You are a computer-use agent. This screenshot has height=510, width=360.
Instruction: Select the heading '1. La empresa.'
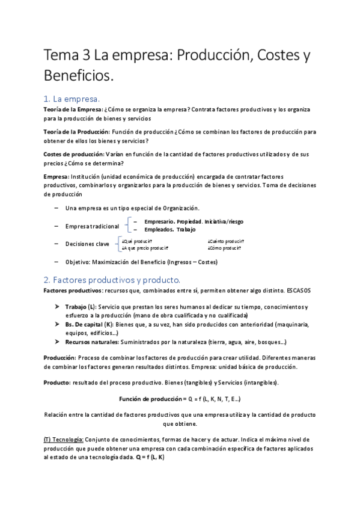click(72, 99)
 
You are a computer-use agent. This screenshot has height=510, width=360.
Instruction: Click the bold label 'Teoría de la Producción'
click(76, 131)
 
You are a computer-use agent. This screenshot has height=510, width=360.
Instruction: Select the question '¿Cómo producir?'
click(225, 248)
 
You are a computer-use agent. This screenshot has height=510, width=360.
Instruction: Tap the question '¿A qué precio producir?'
click(145, 248)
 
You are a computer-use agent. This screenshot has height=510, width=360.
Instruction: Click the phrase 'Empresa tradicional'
click(92, 226)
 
